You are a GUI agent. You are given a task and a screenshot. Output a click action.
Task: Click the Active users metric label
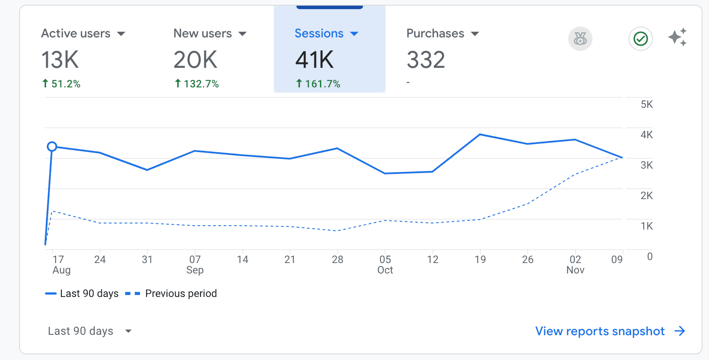pos(76,33)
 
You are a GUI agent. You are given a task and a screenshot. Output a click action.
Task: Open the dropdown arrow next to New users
pos(243,34)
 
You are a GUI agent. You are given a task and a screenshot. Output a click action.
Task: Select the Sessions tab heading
pos(319,33)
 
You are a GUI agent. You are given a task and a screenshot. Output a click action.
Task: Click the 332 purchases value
pos(426,60)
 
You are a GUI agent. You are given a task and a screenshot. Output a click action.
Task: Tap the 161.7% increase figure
pos(322,84)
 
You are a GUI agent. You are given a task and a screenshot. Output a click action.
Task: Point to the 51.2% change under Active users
pos(66,84)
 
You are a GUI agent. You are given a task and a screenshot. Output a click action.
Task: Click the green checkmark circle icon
pos(640,39)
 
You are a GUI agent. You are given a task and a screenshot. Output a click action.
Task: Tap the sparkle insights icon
pos(677,37)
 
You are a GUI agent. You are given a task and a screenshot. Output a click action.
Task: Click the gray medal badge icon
pos(580,39)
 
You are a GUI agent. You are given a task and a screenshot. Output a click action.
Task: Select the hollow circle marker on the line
pos(52,147)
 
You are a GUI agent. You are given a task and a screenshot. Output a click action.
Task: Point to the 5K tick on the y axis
pos(646,104)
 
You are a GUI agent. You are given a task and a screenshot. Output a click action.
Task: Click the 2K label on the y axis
pos(646,196)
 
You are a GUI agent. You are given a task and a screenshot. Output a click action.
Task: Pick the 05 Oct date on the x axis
pos(385,264)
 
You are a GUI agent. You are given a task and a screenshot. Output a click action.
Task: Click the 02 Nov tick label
pos(575,264)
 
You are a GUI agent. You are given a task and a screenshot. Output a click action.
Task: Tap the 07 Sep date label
pos(195,264)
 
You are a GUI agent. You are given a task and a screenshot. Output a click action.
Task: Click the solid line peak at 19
pos(480,135)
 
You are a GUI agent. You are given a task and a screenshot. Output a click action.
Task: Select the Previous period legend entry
pos(180,293)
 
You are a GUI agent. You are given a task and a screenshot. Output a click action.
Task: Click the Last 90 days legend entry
pos(89,293)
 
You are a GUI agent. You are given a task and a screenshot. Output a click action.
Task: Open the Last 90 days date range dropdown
pos(89,331)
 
